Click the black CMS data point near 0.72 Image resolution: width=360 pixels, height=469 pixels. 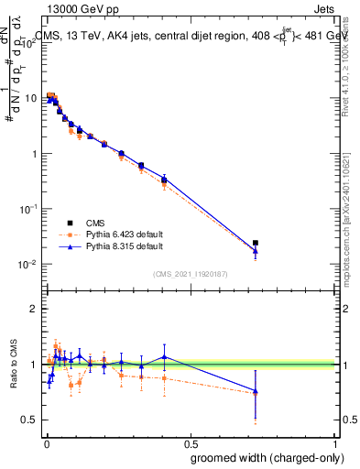(256, 243)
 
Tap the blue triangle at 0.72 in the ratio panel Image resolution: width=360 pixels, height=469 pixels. (256, 391)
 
